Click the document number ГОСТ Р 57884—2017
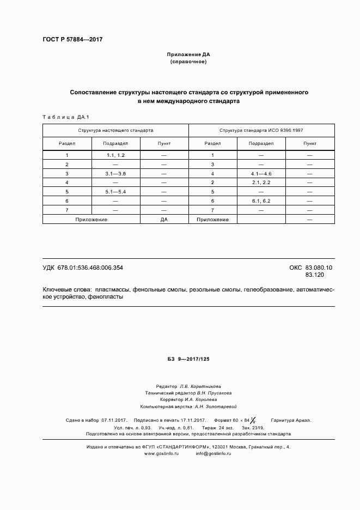tap(72, 40)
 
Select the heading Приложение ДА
tap(188, 55)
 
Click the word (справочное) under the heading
tap(188, 62)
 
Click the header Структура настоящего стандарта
tap(115, 131)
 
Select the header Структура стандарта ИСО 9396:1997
tap(261, 131)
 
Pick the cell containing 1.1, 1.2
tap(116, 155)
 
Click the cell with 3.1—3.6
tap(116, 173)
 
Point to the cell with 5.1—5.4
tap(116, 192)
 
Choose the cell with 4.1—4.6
tap(261, 173)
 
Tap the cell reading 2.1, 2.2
tap(261, 183)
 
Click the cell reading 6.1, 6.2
tap(261, 201)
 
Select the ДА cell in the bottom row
tap(164, 219)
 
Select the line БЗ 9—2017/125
tap(188, 359)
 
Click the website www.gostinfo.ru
tap(161, 454)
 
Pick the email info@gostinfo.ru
tap(215, 454)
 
